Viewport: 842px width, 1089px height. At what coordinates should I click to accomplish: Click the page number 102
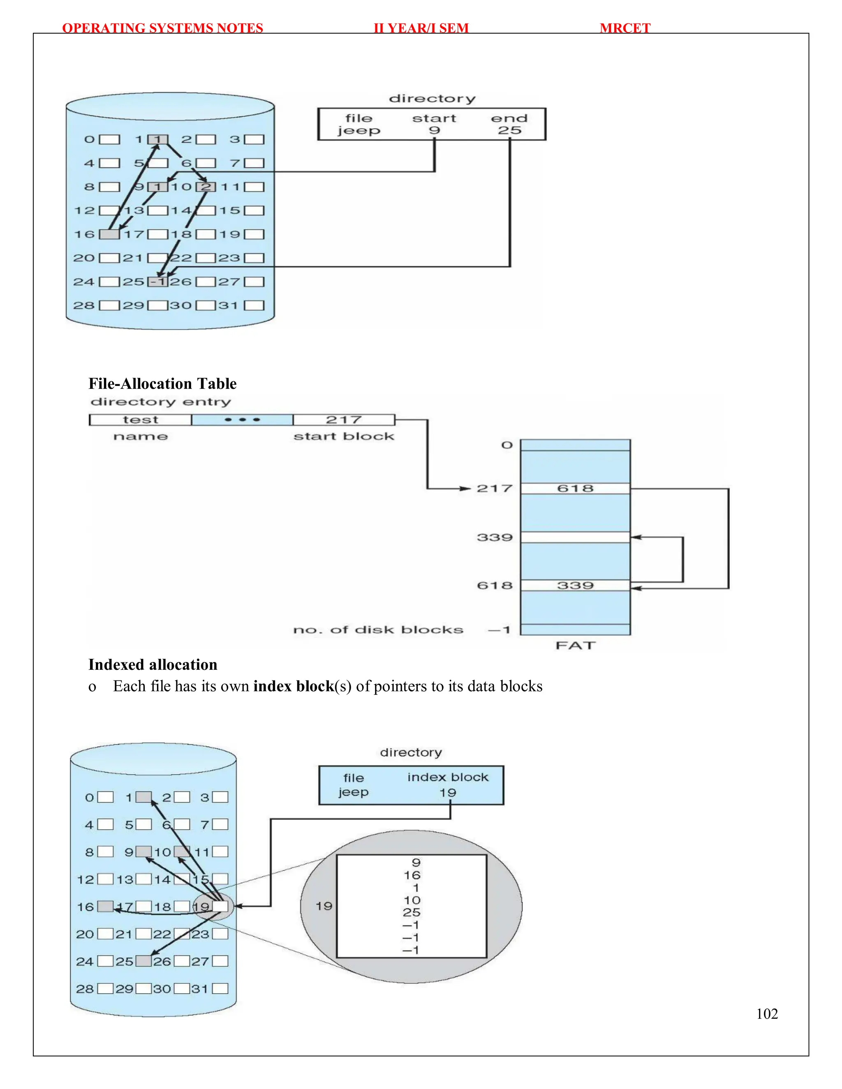767,1014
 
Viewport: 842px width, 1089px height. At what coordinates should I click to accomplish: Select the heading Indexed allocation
153,664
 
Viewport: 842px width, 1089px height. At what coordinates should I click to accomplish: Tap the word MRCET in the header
625,28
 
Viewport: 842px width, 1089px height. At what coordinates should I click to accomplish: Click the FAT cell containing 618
575,488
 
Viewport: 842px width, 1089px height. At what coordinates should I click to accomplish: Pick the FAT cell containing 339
575,585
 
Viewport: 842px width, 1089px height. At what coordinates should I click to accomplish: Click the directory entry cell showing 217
344,420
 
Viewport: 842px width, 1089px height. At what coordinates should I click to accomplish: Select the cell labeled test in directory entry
141,420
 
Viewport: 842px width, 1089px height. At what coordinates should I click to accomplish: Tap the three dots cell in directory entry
243,420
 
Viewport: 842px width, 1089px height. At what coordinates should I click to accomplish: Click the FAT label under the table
575,645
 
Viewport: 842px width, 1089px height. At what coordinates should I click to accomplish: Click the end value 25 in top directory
509,131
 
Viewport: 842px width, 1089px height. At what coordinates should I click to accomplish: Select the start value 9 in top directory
435,131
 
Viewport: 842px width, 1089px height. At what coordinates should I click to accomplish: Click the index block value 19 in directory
447,792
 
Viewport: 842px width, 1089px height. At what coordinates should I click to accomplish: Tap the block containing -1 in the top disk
157,282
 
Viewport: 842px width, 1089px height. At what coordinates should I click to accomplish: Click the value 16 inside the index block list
412,875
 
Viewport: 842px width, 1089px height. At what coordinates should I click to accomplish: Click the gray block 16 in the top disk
109,234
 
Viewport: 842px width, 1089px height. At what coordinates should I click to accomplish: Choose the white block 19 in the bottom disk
220,906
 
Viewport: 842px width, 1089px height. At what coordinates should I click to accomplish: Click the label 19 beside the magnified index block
324,906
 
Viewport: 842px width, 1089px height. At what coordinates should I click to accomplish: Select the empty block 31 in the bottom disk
220,988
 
